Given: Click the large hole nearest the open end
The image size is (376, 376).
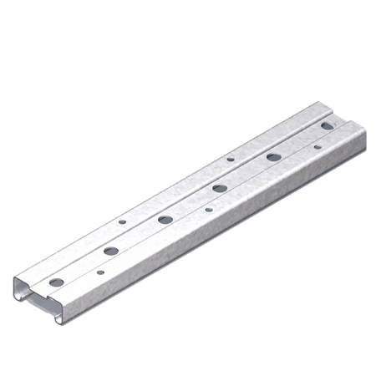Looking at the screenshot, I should [56, 282].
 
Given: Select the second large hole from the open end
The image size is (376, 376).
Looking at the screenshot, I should [110, 250].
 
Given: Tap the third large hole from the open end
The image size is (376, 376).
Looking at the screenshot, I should [165, 219].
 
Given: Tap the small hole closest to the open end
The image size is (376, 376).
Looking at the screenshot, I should [101, 271].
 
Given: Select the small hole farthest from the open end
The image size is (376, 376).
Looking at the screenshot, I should [317, 147].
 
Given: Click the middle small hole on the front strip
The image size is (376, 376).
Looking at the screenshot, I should [209, 209].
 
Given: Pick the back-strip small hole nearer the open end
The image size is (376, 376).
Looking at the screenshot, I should [122, 223].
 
